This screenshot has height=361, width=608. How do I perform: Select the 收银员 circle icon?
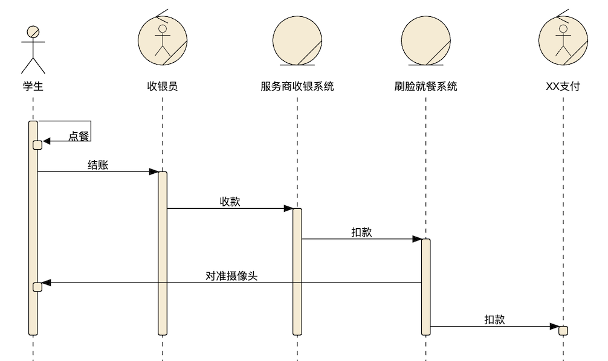point(163,39)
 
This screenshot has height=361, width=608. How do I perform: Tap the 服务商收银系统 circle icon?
point(297,39)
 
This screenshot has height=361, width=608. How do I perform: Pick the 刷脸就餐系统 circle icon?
point(425,39)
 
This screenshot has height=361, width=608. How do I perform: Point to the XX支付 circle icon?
point(563,39)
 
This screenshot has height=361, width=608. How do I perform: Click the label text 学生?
point(33,86)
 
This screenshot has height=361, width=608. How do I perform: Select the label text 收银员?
point(163,86)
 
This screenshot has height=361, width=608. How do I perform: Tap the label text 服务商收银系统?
point(297,86)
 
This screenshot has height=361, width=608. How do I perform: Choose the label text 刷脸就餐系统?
point(425,86)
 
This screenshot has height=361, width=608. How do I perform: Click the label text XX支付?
point(563,86)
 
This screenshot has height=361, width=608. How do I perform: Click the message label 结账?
point(98,165)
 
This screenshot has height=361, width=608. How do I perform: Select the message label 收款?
point(230,202)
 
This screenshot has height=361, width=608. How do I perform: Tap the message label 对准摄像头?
point(231,276)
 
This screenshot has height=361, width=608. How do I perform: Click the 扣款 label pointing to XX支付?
point(494,320)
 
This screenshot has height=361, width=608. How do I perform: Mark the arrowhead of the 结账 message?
point(154,172)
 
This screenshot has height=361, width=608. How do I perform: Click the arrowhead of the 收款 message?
point(288,209)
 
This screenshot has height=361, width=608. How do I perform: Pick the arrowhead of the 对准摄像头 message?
point(47,283)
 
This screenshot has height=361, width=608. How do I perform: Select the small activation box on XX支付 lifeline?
point(563,330)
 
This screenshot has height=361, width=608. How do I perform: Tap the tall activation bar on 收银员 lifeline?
point(163,254)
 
